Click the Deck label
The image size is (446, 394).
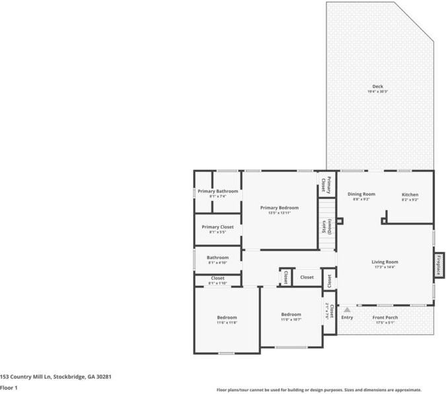(x=377, y=87)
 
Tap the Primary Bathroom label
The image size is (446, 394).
(x=217, y=191)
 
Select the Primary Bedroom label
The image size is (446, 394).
(x=279, y=208)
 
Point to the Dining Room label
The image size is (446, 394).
(x=361, y=194)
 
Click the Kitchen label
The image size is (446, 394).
(x=410, y=194)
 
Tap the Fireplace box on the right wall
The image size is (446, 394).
(x=438, y=264)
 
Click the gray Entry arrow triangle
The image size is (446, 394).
(x=347, y=309)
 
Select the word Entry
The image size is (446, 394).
(x=347, y=317)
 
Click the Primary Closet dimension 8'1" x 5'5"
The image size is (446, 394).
(x=217, y=233)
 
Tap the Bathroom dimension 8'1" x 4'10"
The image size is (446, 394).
(x=217, y=262)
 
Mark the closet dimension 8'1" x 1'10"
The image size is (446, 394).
(x=217, y=284)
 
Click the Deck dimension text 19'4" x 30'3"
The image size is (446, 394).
(x=377, y=92)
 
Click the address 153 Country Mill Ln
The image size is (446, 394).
(x=26, y=377)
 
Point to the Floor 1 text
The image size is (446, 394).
(x=9, y=388)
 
